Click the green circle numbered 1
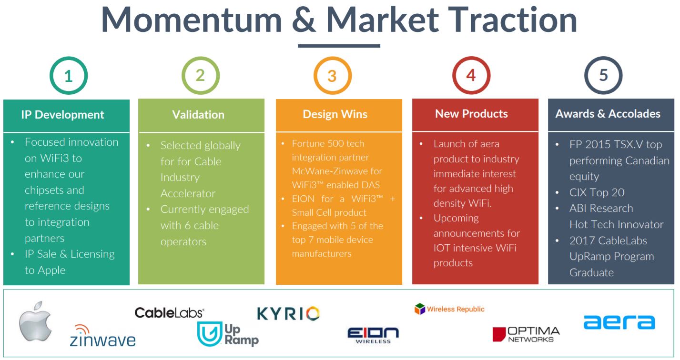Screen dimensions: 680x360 (x=51, y=76)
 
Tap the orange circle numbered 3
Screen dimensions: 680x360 (x=315, y=76)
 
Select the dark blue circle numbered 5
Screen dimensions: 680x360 (x=586, y=76)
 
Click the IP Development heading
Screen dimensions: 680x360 (x=62, y=115)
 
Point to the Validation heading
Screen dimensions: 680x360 (x=198, y=115)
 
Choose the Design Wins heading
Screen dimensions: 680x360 (x=335, y=114)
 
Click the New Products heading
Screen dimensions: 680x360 (x=471, y=114)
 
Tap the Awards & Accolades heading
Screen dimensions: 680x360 (x=608, y=114)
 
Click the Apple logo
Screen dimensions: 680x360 (x=36, y=321)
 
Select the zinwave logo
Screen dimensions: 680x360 (x=102, y=336)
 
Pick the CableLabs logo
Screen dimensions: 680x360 (x=169, y=313)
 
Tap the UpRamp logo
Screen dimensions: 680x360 (x=228, y=334)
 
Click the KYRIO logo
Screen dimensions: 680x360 (x=288, y=314)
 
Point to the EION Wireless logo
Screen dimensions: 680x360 (x=373, y=335)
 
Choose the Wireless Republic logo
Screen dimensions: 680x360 (x=449, y=309)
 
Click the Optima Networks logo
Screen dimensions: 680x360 (x=526, y=334)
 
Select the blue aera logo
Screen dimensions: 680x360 (x=619, y=322)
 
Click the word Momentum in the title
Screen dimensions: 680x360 (x=192, y=20)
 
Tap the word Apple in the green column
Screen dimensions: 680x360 (x=51, y=270)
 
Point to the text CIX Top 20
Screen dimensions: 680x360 (x=597, y=192)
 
